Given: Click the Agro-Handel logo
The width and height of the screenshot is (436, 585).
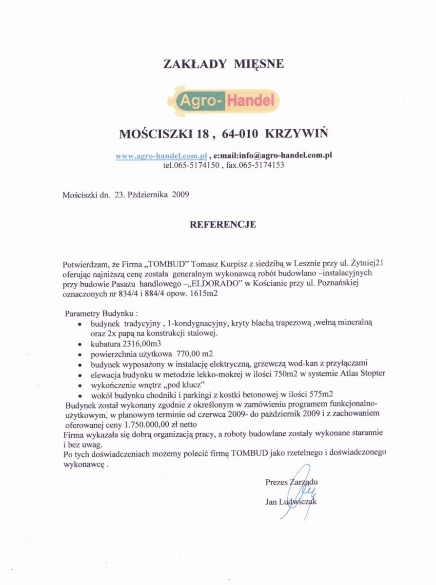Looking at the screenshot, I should [x=223, y=100].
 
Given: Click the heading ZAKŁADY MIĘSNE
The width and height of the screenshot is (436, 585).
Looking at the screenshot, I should [x=223, y=64].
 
